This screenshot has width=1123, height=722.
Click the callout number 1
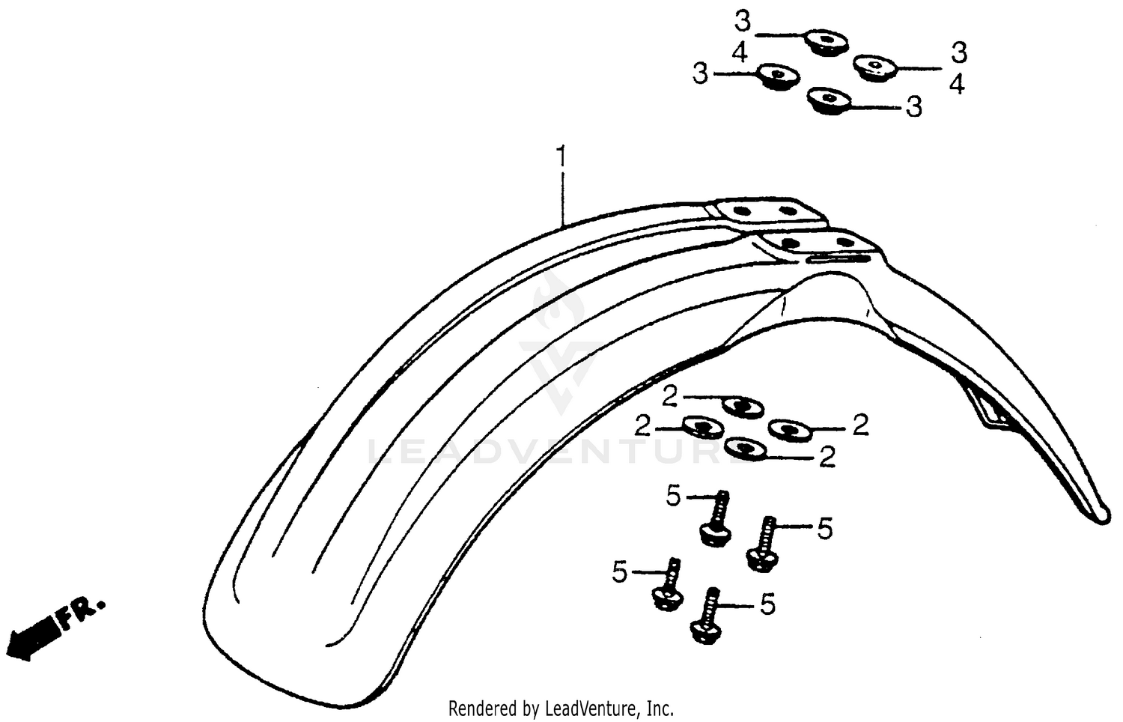[x=560, y=158]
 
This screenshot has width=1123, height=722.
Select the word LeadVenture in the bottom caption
[x=592, y=707]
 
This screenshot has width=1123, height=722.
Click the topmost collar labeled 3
[x=824, y=41]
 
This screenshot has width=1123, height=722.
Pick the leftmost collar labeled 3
[x=776, y=75]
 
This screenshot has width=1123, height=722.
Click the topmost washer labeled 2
[x=743, y=406]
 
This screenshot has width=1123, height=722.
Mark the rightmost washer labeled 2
[x=790, y=430]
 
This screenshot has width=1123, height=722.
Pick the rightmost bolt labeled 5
[x=762, y=545]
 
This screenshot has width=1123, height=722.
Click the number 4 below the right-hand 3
[x=957, y=85]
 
